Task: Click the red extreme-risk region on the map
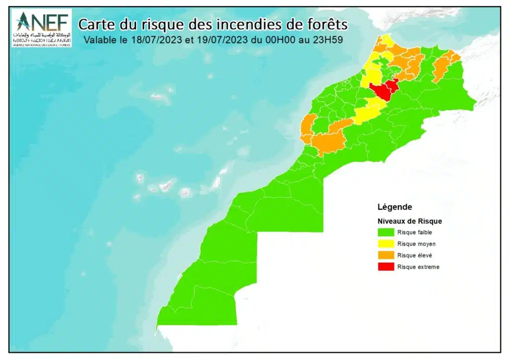pos(383,90)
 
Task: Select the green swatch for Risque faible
pos(386,232)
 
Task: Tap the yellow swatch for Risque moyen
pos(386,244)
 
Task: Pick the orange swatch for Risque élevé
pos(386,255)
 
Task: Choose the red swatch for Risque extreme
pos(386,267)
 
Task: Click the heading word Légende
pos(395,207)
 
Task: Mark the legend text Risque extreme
pos(418,267)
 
